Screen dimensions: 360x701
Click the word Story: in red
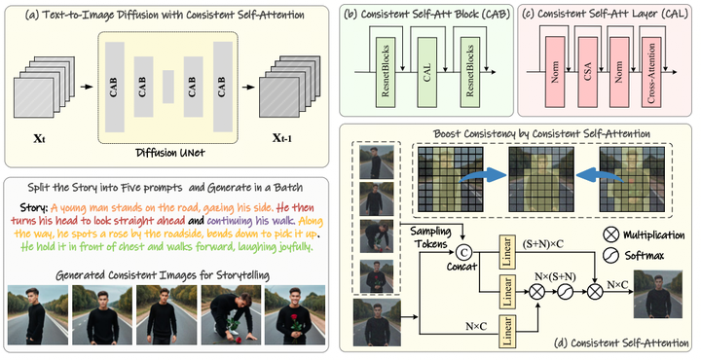(38, 206)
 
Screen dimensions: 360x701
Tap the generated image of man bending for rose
(224, 314)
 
